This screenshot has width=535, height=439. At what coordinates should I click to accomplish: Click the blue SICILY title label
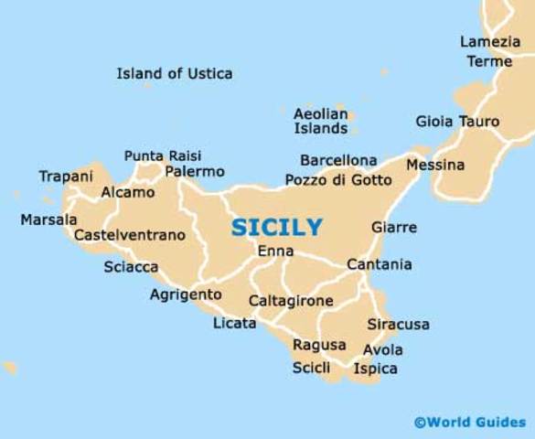[x=276, y=227]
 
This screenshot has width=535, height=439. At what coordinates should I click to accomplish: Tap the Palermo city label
[x=195, y=172]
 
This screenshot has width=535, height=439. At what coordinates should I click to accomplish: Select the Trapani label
[x=66, y=176]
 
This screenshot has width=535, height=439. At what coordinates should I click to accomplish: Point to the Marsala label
[x=48, y=219]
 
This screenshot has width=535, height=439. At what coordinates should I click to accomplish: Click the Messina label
[x=435, y=166]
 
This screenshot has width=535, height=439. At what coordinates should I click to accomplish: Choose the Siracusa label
[x=398, y=325]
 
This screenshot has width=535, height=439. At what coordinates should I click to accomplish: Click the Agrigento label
[x=186, y=294]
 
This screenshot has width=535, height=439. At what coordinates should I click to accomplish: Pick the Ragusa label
[x=319, y=345]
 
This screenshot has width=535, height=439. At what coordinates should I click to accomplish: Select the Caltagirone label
[x=291, y=300]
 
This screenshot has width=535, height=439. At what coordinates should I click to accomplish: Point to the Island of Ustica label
[x=175, y=73]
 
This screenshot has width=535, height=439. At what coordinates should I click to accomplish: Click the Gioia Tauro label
[x=457, y=122]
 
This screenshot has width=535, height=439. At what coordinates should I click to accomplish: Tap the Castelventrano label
[x=129, y=235]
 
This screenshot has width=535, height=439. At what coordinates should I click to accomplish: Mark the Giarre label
[x=394, y=228]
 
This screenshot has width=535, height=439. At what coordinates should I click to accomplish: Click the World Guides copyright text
[x=470, y=422]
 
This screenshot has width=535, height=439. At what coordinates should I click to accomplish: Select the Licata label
[x=234, y=324]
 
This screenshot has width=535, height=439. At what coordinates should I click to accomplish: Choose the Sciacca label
[x=131, y=267]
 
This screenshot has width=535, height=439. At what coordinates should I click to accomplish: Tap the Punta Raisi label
[x=163, y=155]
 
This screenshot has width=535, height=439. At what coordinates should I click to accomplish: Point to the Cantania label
[x=379, y=265]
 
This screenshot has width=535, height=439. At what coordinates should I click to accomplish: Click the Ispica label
[x=375, y=369]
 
